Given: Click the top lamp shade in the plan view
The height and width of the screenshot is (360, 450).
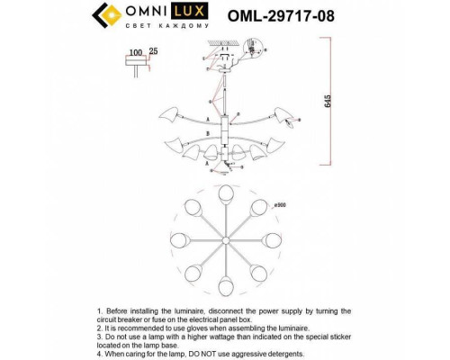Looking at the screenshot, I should point(224,194).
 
